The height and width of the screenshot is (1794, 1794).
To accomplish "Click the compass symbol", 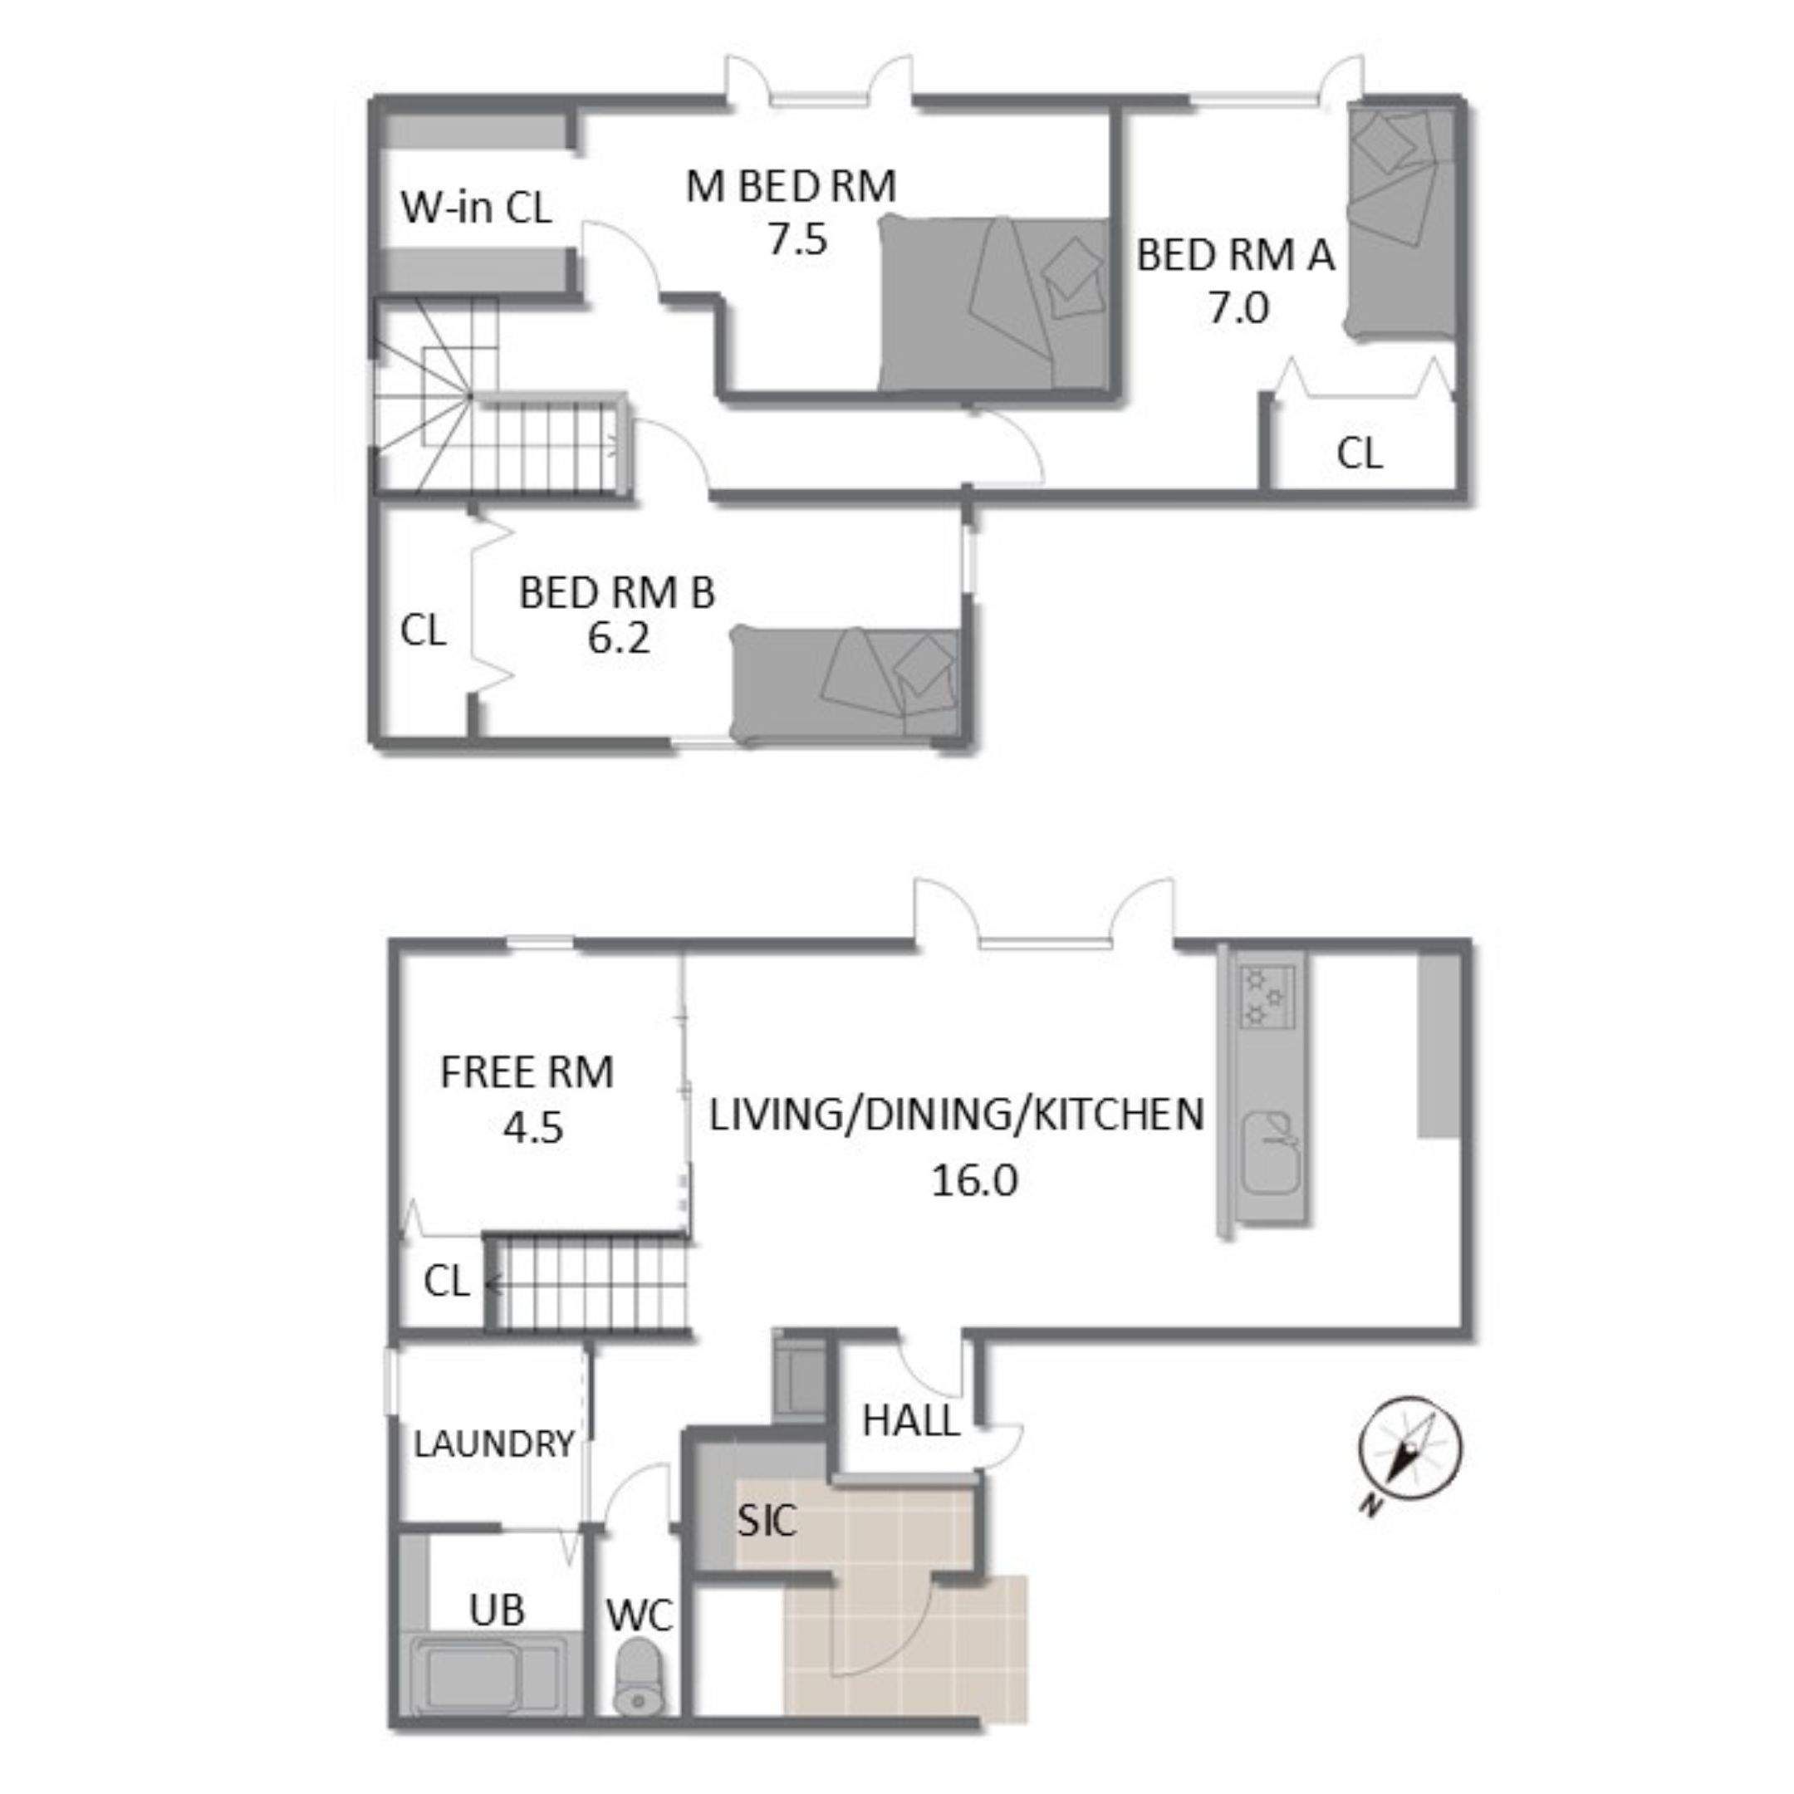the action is (1409, 1449).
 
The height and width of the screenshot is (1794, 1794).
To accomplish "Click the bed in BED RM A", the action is (1400, 222).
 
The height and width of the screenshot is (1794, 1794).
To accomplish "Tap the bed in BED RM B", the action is (845, 684).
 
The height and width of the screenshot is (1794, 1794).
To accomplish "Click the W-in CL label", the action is (475, 206).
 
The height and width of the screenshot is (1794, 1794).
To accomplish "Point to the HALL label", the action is (910, 1421).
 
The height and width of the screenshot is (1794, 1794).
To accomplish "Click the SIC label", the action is (766, 1520).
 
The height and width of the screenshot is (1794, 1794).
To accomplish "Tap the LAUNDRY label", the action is (493, 1444).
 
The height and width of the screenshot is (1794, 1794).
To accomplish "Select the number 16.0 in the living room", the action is (974, 1180).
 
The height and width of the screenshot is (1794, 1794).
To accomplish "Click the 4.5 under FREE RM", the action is (533, 1127).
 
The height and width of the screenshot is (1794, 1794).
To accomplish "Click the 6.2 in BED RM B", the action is (619, 637).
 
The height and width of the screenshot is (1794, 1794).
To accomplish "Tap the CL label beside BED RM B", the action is (423, 630).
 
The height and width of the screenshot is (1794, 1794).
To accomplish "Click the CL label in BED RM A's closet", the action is (1360, 453).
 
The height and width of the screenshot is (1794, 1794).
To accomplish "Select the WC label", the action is (640, 1616).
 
